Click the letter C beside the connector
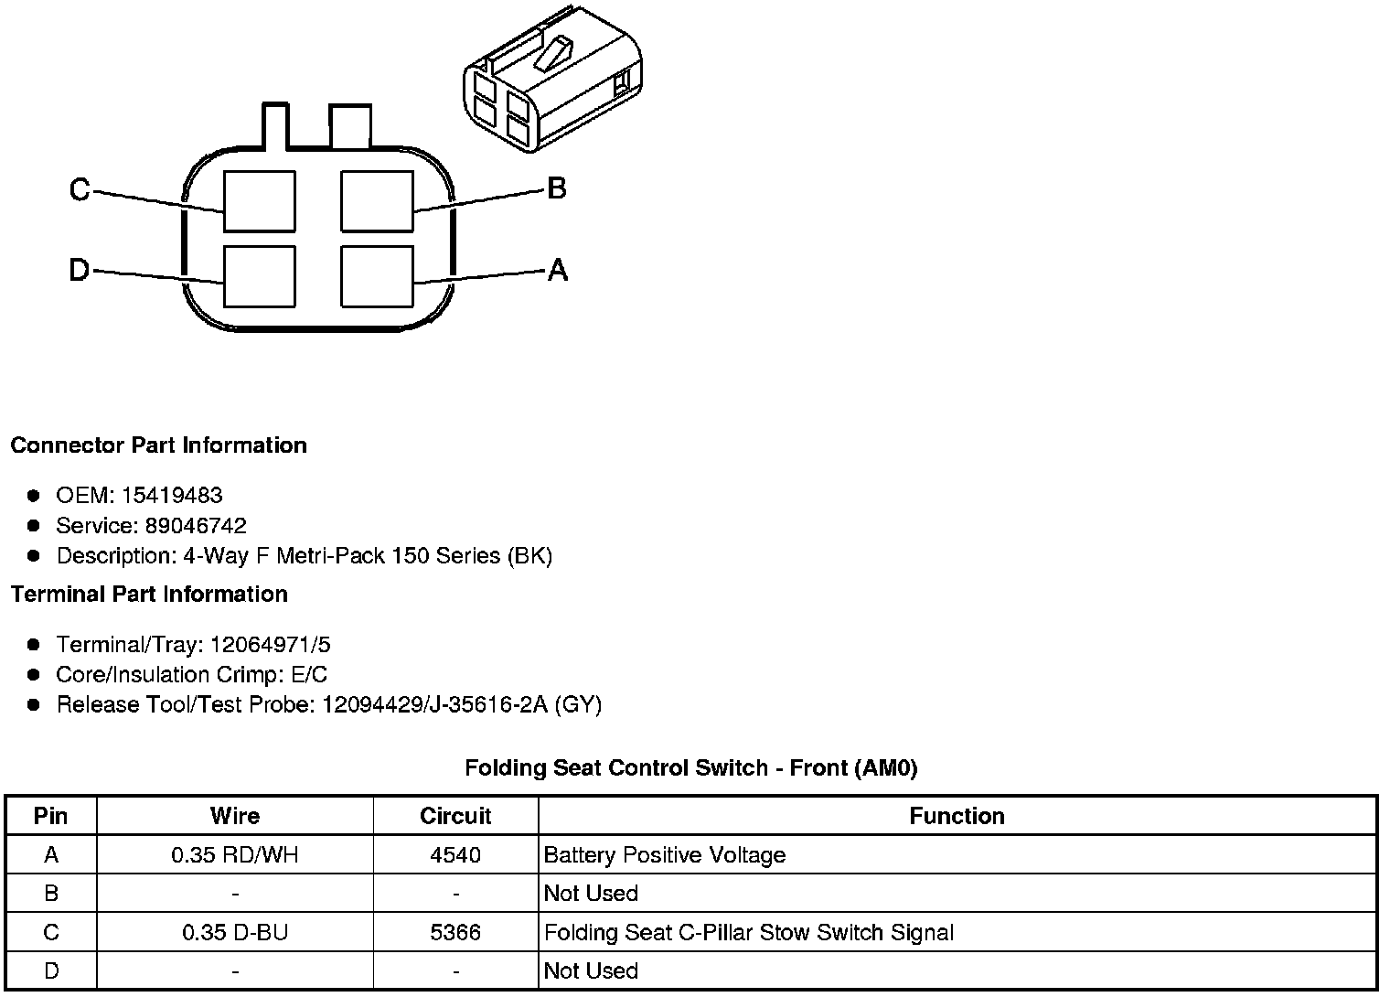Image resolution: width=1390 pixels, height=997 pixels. coord(80,190)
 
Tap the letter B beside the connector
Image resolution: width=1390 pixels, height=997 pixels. coord(556,189)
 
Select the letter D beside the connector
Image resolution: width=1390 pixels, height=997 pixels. coord(80,271)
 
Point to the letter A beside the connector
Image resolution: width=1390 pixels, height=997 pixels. coord(557,270)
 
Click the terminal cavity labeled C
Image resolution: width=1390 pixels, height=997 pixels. coord(260,201)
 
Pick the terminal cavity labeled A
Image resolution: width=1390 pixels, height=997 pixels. coord(377,275)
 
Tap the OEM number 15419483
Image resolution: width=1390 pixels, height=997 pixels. coord(172,496)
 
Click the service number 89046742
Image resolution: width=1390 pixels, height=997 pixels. coord(196,526)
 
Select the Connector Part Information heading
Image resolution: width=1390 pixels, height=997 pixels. coord(158,445)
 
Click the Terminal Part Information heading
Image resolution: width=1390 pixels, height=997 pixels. coord(149,595)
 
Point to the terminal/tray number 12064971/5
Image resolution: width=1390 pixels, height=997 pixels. coord(271,645)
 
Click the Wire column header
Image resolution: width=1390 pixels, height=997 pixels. coord(235,816)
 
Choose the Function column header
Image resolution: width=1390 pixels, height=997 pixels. coord(957,816)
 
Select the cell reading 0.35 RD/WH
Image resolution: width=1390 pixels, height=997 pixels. coord(235,855)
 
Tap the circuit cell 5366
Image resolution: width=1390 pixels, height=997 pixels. coord(455,933)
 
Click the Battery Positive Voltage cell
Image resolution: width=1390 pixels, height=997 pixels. coord(665,855)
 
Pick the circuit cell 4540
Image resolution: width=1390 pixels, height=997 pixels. coord(455,855)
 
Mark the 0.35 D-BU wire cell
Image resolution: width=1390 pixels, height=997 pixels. coord(235,933)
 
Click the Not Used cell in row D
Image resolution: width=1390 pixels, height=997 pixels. coord(591,970)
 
